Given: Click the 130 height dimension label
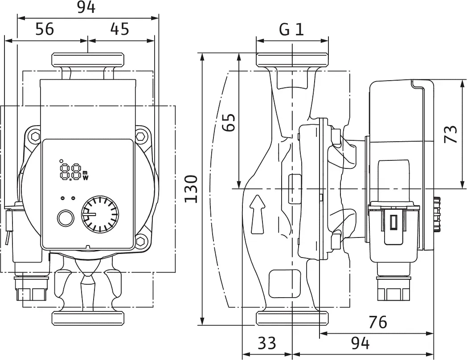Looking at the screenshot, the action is pos(191,189).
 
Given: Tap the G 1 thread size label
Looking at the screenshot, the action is pos(291,29).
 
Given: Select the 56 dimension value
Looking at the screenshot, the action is pos(45,29).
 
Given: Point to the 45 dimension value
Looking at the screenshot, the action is pos(120,29).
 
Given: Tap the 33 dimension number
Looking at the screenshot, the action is pos(267,343).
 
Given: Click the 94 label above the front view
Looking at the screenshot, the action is pos(86,7).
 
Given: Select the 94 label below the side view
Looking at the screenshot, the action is pos(360,344).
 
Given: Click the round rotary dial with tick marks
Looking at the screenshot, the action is pos(100,214).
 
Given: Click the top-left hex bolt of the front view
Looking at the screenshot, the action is pos(36,137).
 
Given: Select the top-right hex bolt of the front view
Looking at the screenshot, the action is pos(140,137).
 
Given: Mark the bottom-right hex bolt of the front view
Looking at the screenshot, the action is pos(140,240).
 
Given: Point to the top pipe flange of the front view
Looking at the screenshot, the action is pos(88,60).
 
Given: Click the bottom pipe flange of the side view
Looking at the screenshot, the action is pos(292,318).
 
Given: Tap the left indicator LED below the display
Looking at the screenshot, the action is pos(62,198).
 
